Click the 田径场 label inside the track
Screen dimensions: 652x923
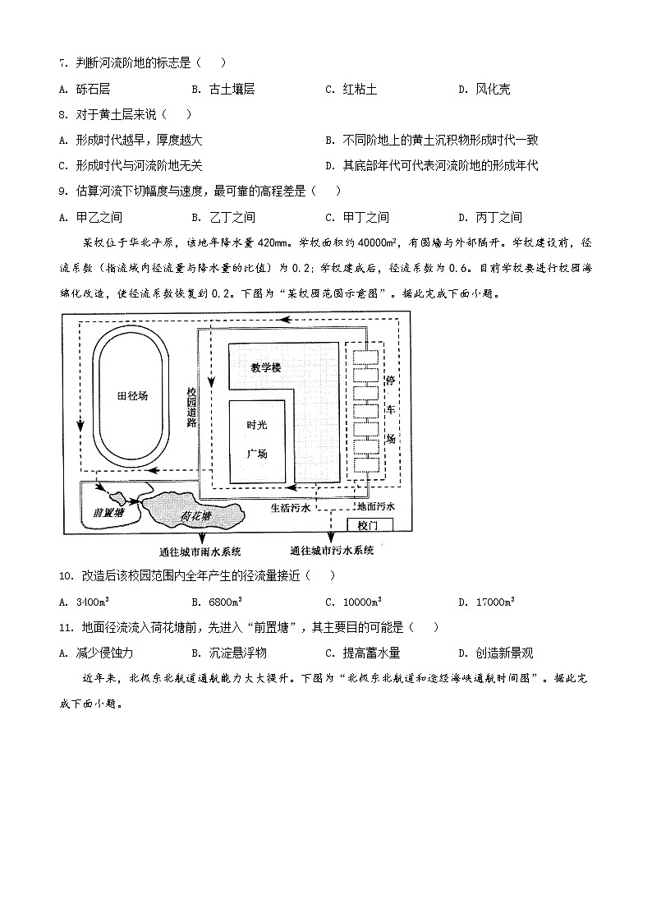pyautogui.click(x=132, y=396)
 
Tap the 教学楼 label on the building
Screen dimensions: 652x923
pyautogui.click(x=266, y=368)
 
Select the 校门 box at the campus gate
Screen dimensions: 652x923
pyautogui.click(x=366, y=524)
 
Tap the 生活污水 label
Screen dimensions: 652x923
pyautogui.click(x=292, y=508)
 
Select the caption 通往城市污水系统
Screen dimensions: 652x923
pyautogui.click(x=332, y=550)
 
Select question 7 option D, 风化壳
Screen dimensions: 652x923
pyautogui.click(x=492, y=89)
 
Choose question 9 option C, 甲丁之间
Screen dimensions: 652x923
pyautogui.click(x=365, y=217)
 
